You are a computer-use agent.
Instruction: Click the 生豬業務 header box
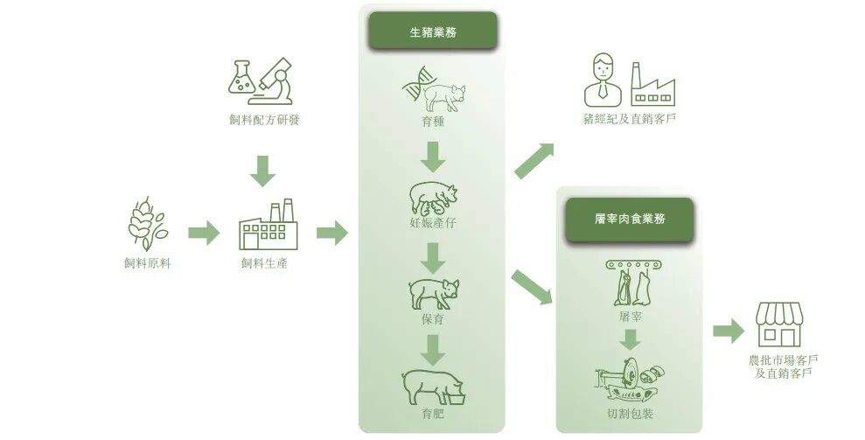click(x=432, y=31)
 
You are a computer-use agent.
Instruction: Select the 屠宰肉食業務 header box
click(x=628, y=219)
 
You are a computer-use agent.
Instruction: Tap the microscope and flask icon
click(x=259, y=77)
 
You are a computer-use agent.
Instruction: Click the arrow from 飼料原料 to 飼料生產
click(x=203, y=233)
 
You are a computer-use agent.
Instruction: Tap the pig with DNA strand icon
click(x=434, y=90)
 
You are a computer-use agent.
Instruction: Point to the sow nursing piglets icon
click(x=433, y=198)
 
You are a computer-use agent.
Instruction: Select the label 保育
click(x=433, y=319)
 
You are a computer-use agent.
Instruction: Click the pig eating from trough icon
click(x=434, y=386)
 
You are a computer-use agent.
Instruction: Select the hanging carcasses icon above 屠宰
click(x=629, y=279)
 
